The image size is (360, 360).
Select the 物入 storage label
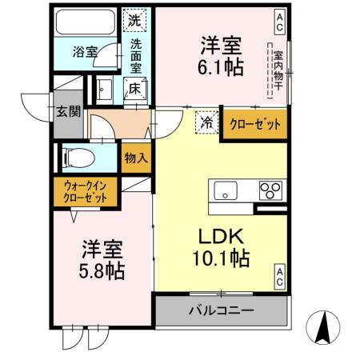point(135,158)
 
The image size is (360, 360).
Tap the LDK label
point(220,236)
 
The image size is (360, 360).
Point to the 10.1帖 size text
point(220,258)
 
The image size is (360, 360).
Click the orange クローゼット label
point(254,123)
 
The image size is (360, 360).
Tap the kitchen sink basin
point(224,191)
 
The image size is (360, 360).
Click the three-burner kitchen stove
point(270,191)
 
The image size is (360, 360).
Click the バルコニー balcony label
point(221,310)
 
